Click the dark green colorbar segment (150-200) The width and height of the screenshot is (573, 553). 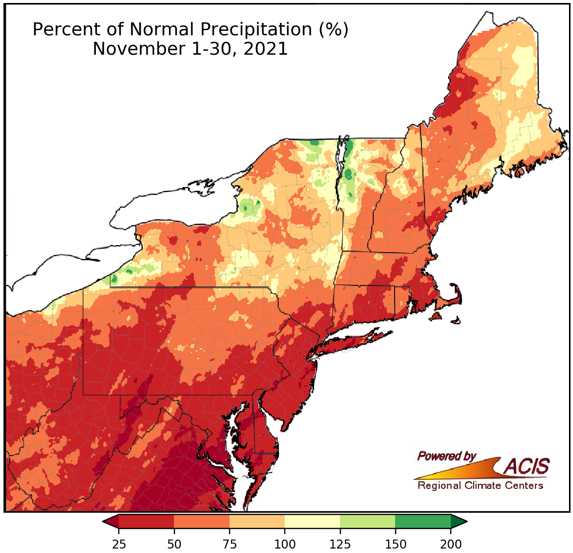point(423,521)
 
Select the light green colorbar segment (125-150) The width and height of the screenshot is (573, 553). point(368,521)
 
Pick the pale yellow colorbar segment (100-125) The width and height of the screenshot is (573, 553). point(312,521)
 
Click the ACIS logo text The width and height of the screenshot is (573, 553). point(527,466)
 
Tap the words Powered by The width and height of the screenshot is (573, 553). point(446,456)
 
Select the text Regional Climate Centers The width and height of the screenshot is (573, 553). point(480,486)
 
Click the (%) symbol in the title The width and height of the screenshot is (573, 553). point(333,30)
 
